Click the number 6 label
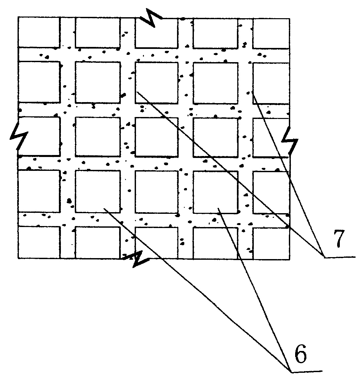point(299,356)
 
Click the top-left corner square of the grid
point(39,32)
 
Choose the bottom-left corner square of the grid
point(39,242)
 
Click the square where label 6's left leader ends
point(98,191)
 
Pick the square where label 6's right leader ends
point(215,192)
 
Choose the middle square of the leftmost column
point(39,137)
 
